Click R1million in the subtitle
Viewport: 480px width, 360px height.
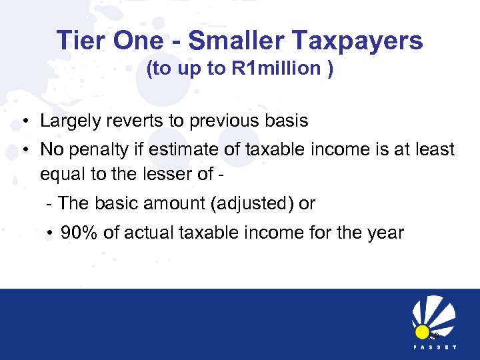click(276, 69)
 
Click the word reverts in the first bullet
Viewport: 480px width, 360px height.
click(130, 121)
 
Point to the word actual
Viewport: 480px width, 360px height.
click(141, 233)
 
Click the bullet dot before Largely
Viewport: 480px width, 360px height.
click(24, 121)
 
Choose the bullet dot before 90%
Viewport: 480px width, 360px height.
click(50, 233)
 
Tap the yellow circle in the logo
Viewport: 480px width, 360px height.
click(421, 331)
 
